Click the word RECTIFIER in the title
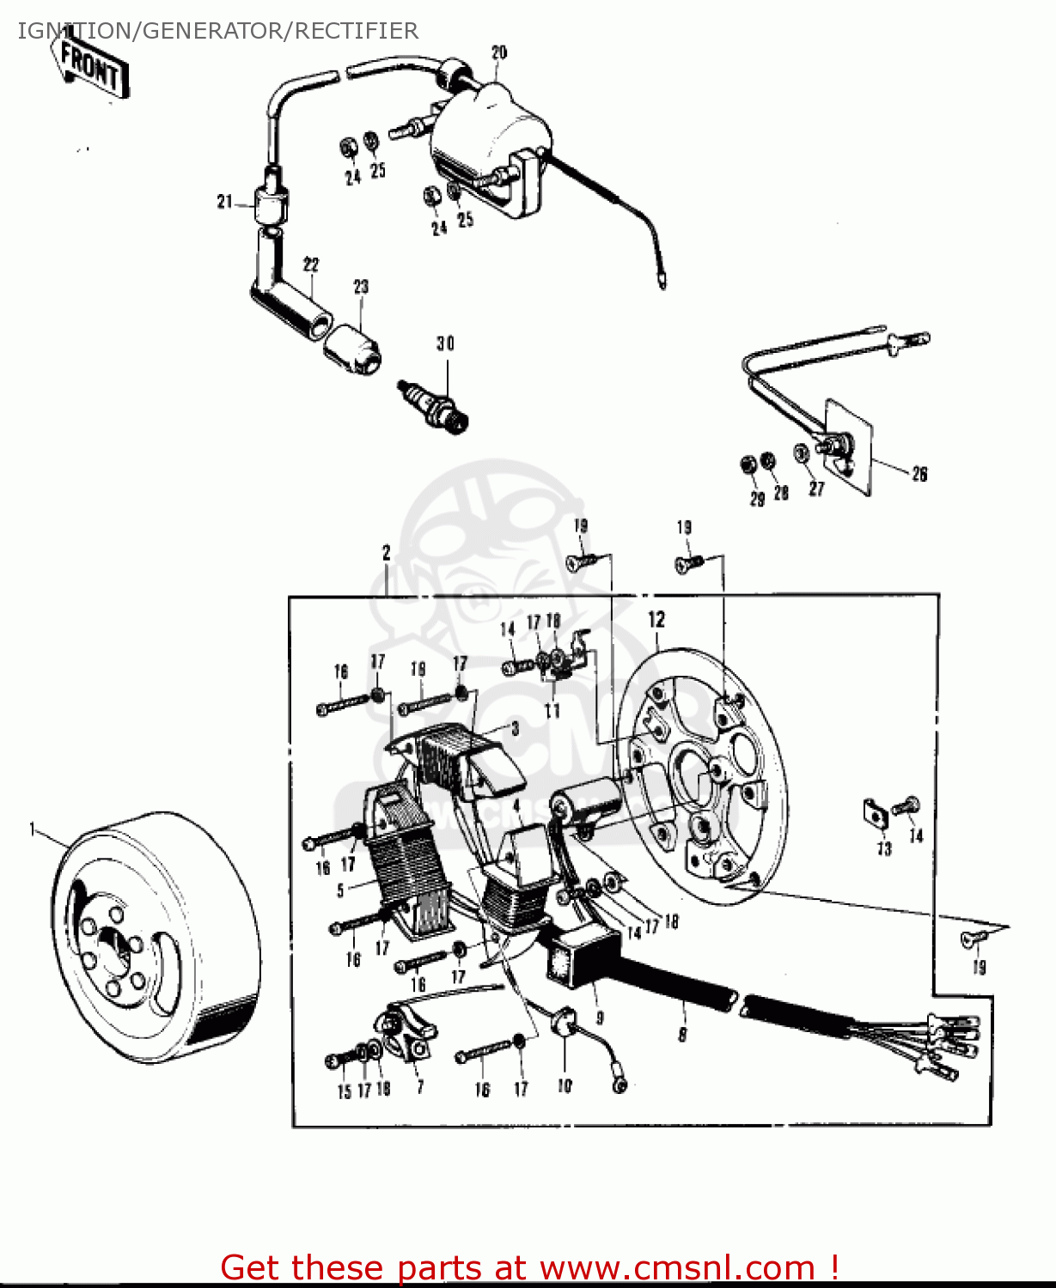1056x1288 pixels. (x=357, y=31)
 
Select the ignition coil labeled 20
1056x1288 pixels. (x=485, y=146)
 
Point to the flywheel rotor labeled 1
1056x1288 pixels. (x=155, y=936)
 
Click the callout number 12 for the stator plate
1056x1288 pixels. (x=656, y=620)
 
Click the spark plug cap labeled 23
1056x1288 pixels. (x=352, y=349)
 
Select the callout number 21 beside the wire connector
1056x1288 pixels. (x=224, y=202)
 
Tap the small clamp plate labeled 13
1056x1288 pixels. (x=876, y=812)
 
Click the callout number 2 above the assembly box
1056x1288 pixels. (x=387, y=553)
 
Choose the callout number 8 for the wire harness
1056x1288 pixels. (x=683, y=1035)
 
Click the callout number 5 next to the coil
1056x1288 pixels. (x=341, y=890)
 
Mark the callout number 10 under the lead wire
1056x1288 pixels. (x=565, y=1086)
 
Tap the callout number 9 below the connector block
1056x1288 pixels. (x=600, y=1018)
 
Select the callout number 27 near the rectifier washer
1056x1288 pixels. (x=816, y=489)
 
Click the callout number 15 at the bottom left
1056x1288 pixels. (x=344, y=1091)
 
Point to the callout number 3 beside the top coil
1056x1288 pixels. (x=515, y=729)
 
